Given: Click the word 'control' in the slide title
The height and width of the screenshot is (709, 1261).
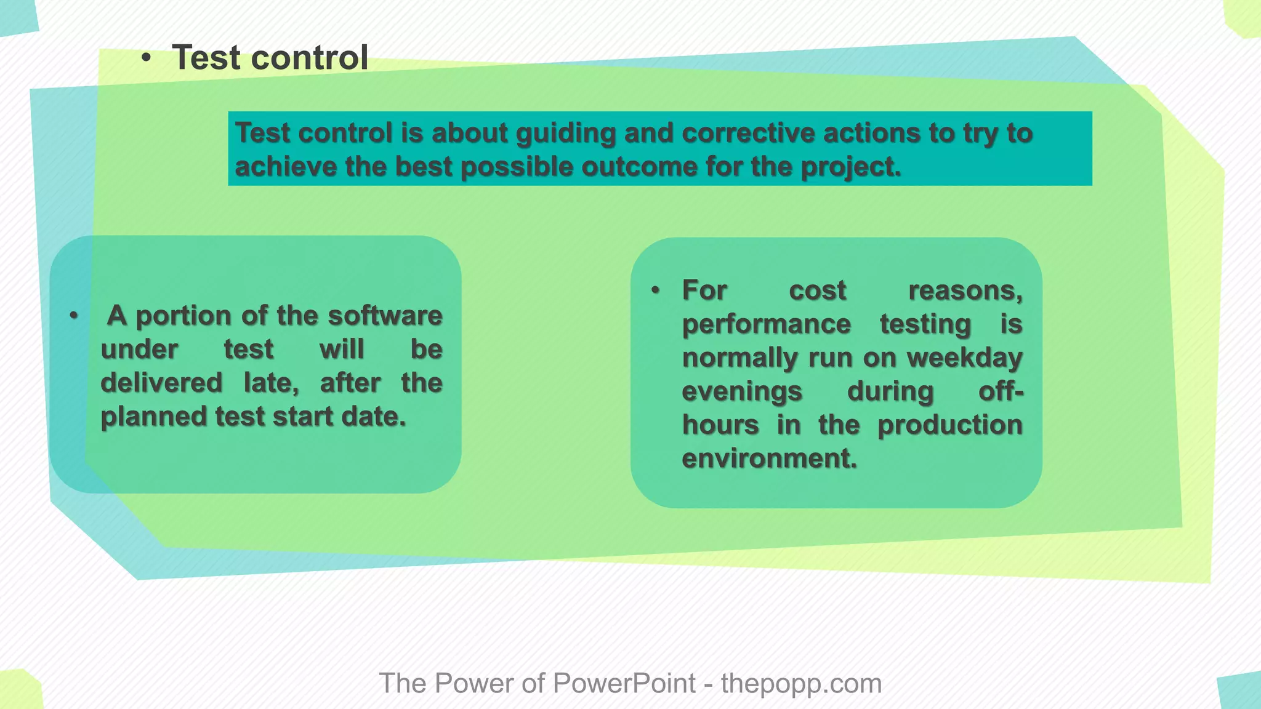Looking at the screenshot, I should [310, 58].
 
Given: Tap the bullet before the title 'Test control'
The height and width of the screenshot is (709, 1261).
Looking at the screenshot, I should [146, 58].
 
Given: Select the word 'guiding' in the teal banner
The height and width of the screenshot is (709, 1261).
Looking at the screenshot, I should [566, 134].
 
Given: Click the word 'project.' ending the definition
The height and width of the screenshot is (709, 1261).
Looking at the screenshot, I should [851, 167].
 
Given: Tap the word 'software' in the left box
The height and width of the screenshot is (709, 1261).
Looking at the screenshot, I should [385, 316].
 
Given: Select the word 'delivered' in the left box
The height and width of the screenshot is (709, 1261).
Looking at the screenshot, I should [161, 383].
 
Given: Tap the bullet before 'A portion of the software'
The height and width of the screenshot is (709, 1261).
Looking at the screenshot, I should [74, 316].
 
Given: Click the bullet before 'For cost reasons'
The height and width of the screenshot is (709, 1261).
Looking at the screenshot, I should [655, 290].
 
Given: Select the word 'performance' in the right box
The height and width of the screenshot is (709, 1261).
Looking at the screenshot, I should [767, 324].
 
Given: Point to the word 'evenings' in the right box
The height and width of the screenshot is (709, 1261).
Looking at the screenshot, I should [742, 391].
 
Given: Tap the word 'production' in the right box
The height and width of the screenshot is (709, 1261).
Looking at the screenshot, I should [949, 425].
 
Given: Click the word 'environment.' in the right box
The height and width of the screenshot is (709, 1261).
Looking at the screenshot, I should [769, 459].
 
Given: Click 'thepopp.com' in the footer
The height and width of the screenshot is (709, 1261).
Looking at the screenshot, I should [801, 683].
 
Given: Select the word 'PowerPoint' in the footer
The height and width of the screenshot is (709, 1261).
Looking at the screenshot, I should [624, 683].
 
